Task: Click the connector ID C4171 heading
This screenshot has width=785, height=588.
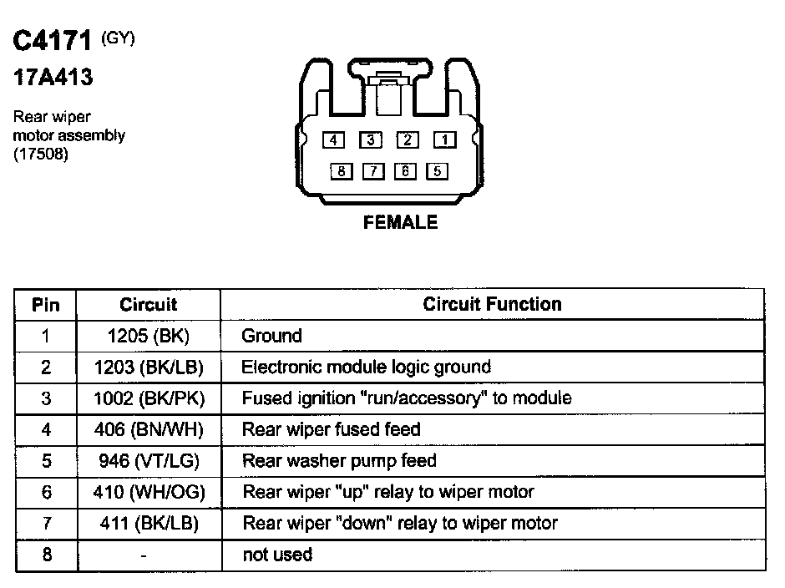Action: click(x=52, y=42)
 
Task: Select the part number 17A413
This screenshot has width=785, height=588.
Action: click(x=52, y=79)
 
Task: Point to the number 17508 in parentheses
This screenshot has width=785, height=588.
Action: click(x=41, y=154)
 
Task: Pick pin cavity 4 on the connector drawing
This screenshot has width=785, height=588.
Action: click(x=333, y=140)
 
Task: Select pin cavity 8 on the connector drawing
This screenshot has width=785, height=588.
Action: click(x=342, y=172)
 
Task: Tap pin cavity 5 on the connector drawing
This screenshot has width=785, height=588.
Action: click(x=437, y=172)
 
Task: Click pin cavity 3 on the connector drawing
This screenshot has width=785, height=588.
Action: click(x=372, y=140)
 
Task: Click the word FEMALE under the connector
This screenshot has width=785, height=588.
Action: click(x=400, y=222)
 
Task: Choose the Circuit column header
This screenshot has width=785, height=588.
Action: click(x=149, y=305)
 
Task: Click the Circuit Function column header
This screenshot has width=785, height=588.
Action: click(x=492, y=304)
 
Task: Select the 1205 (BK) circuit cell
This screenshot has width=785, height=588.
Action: click(x=149, y=336)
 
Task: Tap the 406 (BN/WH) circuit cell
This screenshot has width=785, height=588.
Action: click(x=149, y=429)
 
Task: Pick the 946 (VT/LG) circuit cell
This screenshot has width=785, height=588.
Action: click(x=149, y=460)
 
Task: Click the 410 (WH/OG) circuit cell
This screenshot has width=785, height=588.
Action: click(x=149, y=492)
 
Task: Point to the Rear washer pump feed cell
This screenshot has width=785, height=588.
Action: click(x=339, y=460)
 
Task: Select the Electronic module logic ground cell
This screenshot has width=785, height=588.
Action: click(x=366, y=367)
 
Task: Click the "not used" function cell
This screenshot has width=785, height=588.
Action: click(x=277, y=555)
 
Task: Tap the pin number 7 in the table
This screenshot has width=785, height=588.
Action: click(x=46, y=524)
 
